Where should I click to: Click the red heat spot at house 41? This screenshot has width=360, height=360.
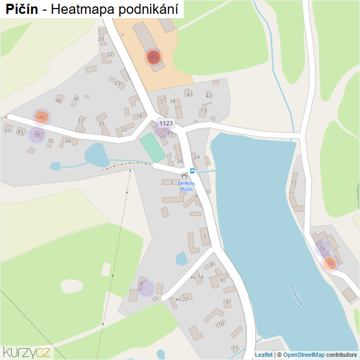(153, 57)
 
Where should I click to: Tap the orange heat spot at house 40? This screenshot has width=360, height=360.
(42, 117)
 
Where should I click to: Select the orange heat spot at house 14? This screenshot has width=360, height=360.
(330, 263)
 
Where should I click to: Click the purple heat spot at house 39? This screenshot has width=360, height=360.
(36, 135)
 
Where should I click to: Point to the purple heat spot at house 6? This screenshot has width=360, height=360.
(145, 288)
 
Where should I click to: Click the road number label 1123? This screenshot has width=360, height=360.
(166, 123)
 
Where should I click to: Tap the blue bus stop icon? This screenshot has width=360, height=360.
(192, 171)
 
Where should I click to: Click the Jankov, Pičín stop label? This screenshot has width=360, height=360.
(186, 186)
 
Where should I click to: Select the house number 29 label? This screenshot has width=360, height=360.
(101, 39)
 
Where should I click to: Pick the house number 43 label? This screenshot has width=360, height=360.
(189, 94)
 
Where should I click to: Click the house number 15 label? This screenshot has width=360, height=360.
(293, 183)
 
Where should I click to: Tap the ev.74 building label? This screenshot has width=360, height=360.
(197, 277)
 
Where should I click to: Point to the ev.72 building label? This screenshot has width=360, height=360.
(182, 299)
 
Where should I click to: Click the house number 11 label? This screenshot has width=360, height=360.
(235, 348)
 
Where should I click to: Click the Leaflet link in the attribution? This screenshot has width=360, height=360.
(264, 355)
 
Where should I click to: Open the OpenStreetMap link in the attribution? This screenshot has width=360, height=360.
(304, 355)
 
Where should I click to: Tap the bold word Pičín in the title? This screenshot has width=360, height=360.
(22, 9)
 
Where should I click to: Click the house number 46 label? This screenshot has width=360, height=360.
(59, 101)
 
